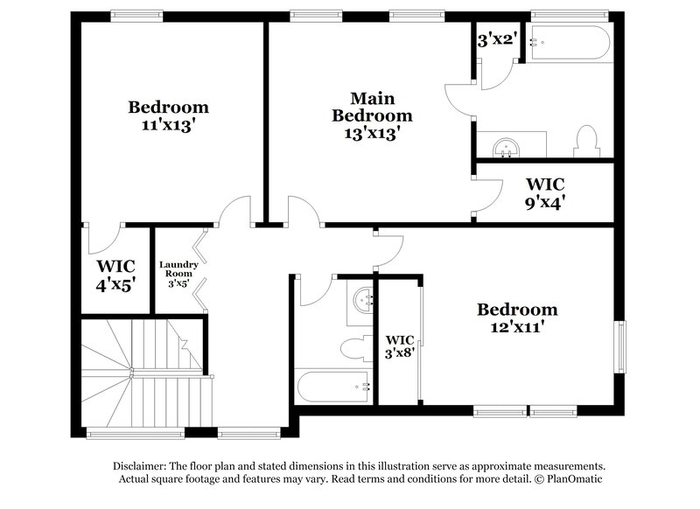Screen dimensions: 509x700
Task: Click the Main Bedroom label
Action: tap(370, 107)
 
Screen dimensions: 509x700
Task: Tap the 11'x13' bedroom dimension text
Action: tap(169, 124)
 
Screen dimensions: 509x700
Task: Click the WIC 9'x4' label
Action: tap(545, 192)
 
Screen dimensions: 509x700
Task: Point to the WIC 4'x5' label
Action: tap(115, 274)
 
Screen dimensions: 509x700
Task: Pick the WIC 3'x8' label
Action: tap(400, 347)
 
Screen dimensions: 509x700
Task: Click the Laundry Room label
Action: tap(178, 273)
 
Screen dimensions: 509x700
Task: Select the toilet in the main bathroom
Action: tap(585, 141)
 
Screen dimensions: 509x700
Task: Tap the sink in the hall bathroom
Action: tap(362, 300)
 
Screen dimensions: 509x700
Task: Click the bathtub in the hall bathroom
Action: tap(332, 385)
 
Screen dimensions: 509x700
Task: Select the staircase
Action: tap(144, 372)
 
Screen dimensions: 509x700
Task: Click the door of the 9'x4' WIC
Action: tap(486, 192)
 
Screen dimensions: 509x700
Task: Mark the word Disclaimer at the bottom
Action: tap(141, 466)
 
